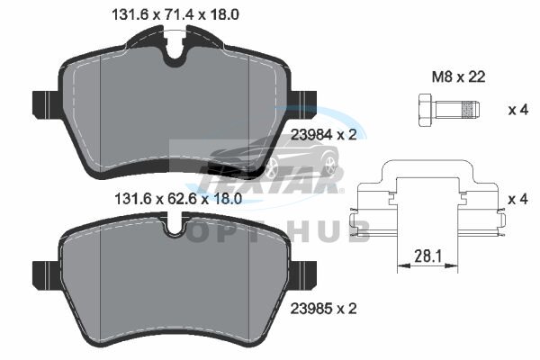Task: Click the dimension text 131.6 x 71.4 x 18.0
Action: (x=175, y=14)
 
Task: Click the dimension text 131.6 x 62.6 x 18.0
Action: (x=177, y=199)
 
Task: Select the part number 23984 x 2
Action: (x=323, y=134)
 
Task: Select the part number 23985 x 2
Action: (x=323, y=309)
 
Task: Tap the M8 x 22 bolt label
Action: (x=458, y=76)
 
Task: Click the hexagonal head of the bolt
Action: (x=427, y=110)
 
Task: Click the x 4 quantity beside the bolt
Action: (x=518, y=110)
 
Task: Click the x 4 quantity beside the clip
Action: (x=518, y=199)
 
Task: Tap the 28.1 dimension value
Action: (x=427, y=256)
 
